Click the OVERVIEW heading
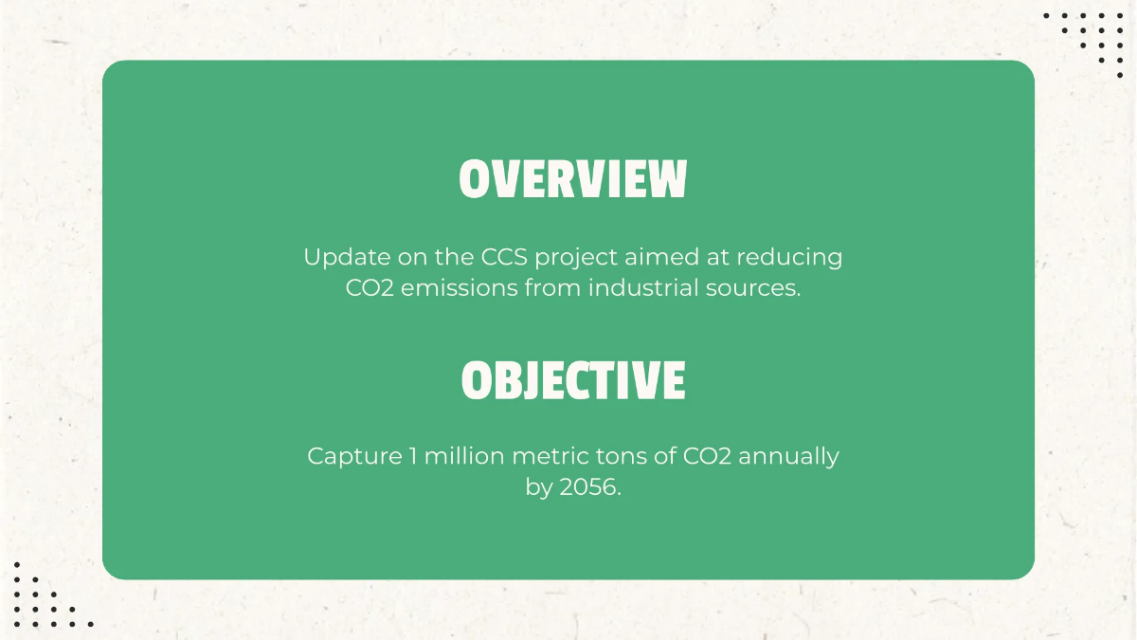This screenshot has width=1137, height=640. point(572,179)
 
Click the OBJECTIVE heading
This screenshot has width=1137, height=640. point(572,380)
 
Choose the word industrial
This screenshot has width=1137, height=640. point(648,287)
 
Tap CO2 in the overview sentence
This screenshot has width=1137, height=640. point(370,287)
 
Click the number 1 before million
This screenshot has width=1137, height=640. point(413,456)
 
